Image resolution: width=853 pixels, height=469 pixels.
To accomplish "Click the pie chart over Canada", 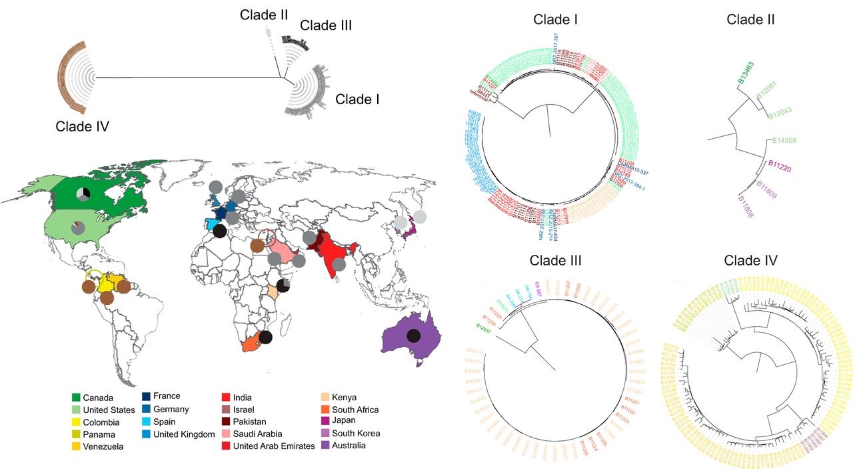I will point(82,193).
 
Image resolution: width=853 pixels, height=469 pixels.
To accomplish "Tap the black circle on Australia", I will point(413,336).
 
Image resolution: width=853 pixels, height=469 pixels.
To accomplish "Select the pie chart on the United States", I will point(78,227).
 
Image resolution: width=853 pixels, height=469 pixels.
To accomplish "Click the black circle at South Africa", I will point(266,337).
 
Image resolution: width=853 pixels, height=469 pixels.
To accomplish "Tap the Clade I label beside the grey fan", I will point(357,99).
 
